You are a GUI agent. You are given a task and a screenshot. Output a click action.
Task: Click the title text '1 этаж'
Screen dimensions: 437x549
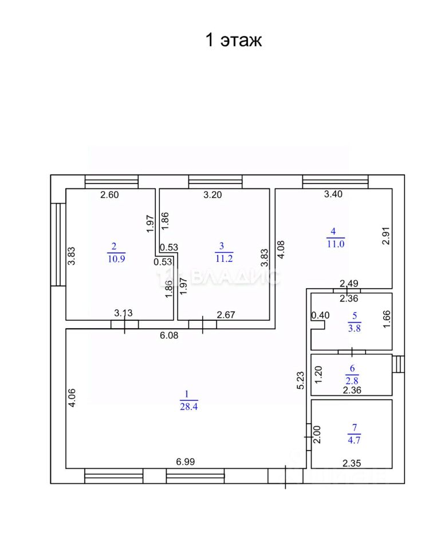[233, 41]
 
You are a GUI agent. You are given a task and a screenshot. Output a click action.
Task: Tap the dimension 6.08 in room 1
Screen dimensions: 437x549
[169, 336]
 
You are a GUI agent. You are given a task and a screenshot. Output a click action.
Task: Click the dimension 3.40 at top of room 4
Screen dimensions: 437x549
[333, 194]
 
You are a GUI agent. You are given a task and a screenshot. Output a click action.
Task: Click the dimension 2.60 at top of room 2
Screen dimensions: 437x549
[109, 194]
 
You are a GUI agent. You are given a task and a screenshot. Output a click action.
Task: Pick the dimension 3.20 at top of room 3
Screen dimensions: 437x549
[212, 194]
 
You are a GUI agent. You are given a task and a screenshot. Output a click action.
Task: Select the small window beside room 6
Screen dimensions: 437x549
[399, 364]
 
